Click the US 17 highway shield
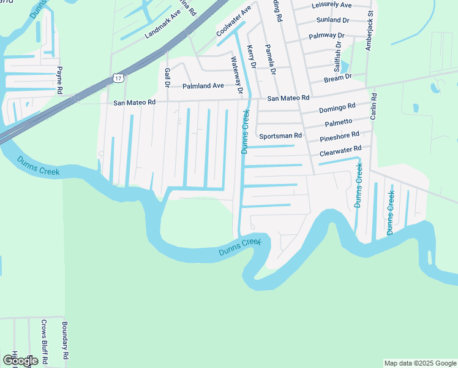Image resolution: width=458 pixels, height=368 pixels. pos(118,77)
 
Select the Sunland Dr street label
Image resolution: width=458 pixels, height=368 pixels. pos(329,20)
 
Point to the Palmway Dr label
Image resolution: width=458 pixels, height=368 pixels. pos(327,36)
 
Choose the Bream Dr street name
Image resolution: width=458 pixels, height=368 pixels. pos(338,77)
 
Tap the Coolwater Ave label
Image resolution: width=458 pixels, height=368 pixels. pos(234,21)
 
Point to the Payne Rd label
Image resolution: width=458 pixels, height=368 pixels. pos(60,80)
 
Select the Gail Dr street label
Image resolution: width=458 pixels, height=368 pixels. pos(167,78)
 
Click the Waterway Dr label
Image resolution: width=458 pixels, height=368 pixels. pos(237,75)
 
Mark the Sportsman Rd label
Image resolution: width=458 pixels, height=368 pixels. pos(280,136)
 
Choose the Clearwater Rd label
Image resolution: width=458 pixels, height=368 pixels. pos(340,150)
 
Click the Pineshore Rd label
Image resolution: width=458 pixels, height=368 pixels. pos(339,137)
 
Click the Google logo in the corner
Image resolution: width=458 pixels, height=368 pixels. pos(20,361)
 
